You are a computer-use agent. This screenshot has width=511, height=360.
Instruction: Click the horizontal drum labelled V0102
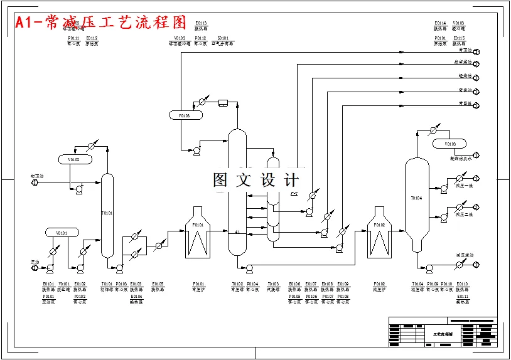pos(75,159)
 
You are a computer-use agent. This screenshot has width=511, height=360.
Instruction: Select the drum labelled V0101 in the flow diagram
pos(62,233)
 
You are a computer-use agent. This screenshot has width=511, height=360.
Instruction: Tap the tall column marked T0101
pos(107,213)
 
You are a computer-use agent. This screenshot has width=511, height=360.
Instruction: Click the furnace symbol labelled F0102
pos(379,233)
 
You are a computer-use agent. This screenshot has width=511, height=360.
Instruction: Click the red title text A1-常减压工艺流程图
pos(101,23)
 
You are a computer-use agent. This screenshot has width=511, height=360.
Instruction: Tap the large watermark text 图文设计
pos(255,181)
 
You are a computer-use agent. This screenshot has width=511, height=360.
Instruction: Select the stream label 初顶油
pos(37,176)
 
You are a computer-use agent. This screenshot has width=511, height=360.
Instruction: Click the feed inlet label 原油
pos(35,262)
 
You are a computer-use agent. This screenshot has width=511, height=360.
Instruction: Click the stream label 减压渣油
pos(465,255)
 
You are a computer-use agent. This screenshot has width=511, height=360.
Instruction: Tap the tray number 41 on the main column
pos(237,232)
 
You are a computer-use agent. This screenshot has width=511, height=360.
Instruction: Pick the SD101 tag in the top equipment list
pos(223,38)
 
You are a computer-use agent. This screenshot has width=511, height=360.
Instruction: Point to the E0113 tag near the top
pos(201,23)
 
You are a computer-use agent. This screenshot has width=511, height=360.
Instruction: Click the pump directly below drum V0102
pos(79,190)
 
